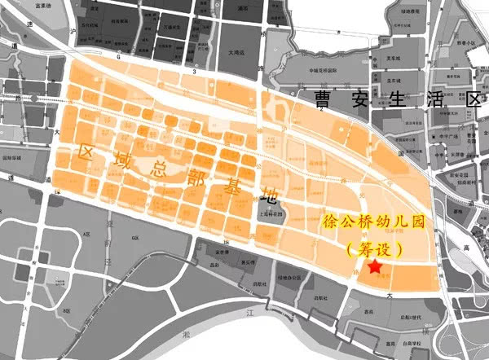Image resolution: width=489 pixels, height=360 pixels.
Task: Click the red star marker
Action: (374, 268)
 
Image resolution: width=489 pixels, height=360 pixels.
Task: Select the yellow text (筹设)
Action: (373, 246)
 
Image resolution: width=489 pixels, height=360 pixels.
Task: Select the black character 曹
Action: (324, 101)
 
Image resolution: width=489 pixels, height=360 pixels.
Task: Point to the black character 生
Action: (394, 101)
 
